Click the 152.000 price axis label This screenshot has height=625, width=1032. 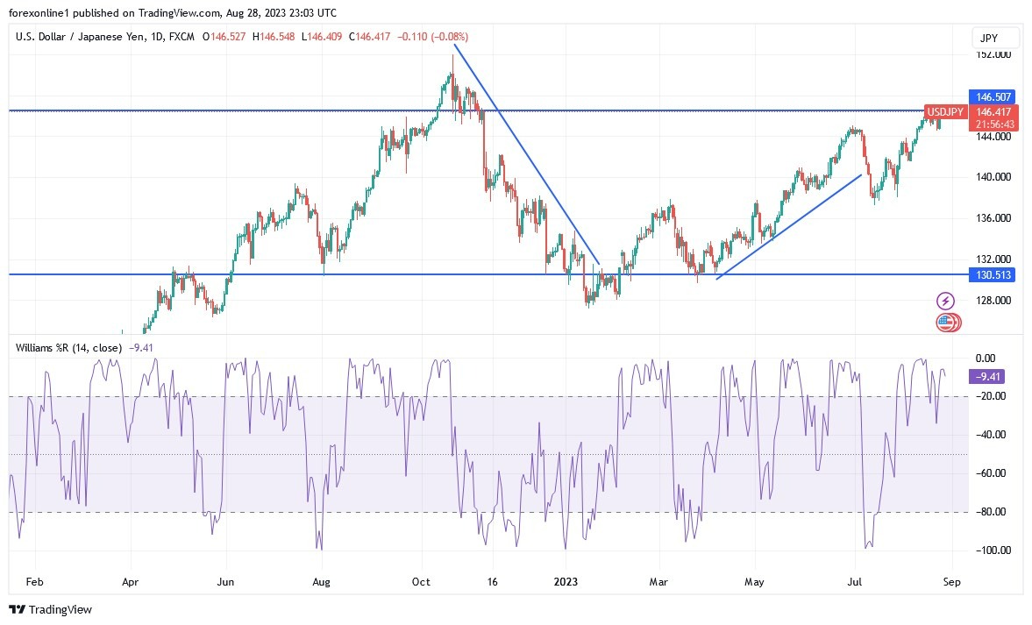[x=993, y=54]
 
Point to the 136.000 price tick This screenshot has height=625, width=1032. [x=993, y=218]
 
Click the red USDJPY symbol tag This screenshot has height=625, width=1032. [x=946, y=112]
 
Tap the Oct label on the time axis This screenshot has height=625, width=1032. [x=422, y=580]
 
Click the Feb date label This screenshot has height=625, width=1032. [x=34, y=580]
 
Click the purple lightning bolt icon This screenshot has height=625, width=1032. [x=945, y=301]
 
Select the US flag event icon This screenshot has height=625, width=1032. [x=945, y=322]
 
